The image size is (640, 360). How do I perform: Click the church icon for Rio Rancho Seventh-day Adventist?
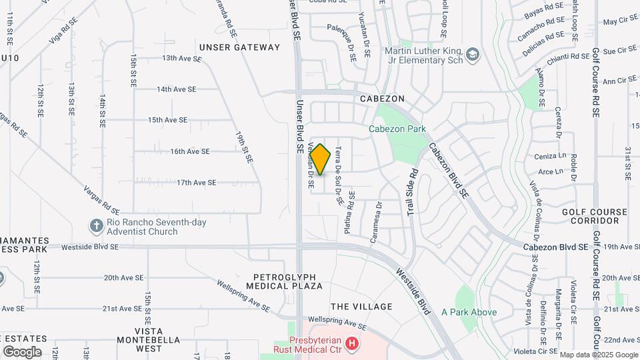(96, 227)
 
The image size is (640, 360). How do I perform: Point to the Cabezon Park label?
(397, 129)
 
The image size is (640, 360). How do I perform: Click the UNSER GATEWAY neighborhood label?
(240, 47)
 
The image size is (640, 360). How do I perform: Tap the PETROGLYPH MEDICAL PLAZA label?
(288, 281)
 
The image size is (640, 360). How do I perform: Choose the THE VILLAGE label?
(361, 307)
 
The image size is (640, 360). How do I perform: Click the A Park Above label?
(469, 311)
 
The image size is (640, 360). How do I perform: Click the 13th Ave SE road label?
(182, 58)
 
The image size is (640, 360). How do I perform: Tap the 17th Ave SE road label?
(196, 182)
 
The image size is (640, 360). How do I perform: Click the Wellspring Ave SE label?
(243, 295)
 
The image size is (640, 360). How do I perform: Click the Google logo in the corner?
(22, 351)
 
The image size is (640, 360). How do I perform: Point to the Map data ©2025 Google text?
(598, 355)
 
